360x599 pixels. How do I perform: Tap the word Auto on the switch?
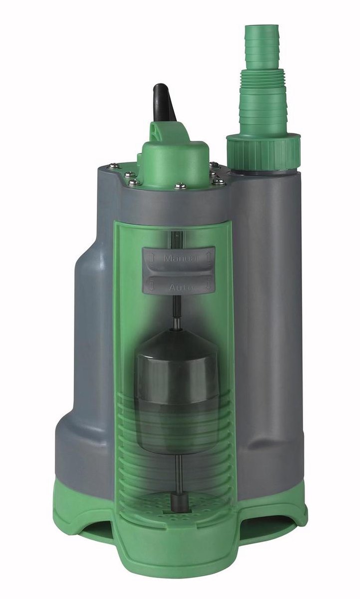[x=178, y=288]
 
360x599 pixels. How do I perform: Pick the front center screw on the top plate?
[x=180, y=186]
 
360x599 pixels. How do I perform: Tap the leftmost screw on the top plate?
[x=114, y=166]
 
